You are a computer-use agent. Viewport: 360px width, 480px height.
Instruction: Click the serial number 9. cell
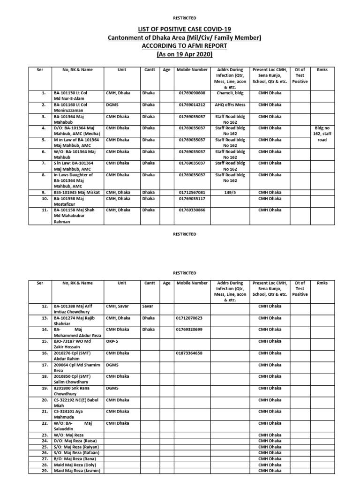coord(43,192)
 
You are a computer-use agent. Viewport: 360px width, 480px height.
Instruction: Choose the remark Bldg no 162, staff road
coord(322,134)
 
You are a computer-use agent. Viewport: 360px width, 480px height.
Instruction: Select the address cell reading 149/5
coord(229,192)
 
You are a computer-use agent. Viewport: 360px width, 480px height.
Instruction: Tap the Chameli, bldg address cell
coord(229,93)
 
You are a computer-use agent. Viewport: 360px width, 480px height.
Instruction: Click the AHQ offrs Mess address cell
coord(229,105)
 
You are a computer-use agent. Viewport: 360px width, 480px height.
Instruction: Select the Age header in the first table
coord(166,70)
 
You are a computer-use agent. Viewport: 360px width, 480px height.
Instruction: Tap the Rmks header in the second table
coord(322,283)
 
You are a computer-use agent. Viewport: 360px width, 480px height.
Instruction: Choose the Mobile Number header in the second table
coord(192,283)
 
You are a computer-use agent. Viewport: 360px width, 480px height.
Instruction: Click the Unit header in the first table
coord(122,70)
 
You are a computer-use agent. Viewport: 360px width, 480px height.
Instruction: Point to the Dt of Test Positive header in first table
coord(300,75)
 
